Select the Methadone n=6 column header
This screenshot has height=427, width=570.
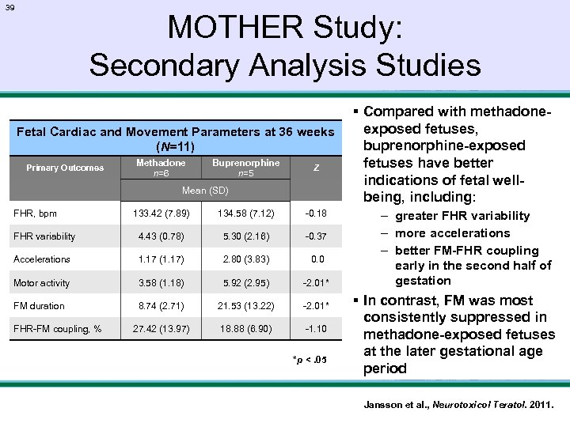click(161, 168)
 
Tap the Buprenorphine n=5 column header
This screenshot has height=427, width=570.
click(245, 168)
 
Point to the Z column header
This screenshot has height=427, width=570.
click(316, 168)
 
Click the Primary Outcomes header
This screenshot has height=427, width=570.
click(65, 168)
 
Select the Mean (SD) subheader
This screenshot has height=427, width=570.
click(205, 191)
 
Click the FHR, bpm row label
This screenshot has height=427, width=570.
click(35, 213)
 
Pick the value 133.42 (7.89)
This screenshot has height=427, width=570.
click(161, 213)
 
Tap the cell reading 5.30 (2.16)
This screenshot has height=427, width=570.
click(245, 236)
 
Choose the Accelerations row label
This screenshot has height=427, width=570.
click(41, 259)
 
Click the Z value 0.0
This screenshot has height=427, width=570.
click(317, 259)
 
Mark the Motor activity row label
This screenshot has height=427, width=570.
click(42, 283)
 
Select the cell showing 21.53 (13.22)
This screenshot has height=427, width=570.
click(245, 305)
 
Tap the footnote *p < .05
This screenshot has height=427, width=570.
click(309, 361)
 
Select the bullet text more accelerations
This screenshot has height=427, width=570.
click(453, 232)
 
